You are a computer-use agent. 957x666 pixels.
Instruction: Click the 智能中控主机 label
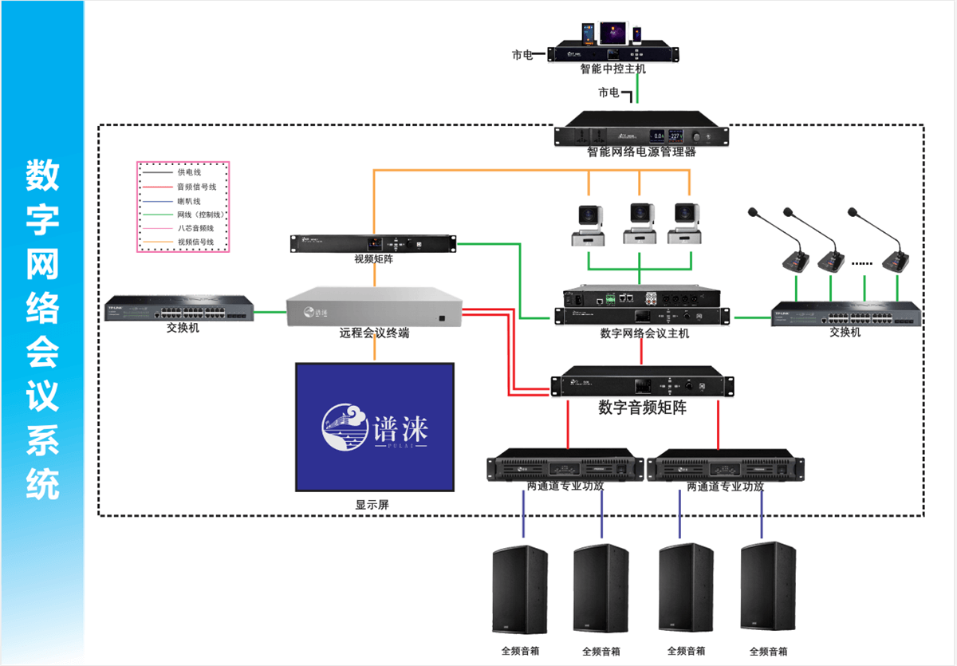point(612,69)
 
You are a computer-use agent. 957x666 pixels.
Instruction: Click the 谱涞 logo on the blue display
point(375,429)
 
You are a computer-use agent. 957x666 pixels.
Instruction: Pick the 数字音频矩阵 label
point(642,408)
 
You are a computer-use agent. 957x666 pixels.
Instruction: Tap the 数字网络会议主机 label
point(644,333)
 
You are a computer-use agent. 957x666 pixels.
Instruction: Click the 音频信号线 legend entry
point(196,187)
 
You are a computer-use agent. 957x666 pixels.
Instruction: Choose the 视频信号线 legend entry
point(196,242)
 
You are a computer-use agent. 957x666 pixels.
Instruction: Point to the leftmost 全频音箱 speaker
point(520,589)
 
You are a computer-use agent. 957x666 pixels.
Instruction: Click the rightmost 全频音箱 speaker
point(768,589)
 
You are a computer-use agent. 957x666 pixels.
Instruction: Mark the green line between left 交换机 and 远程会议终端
point(270,312)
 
